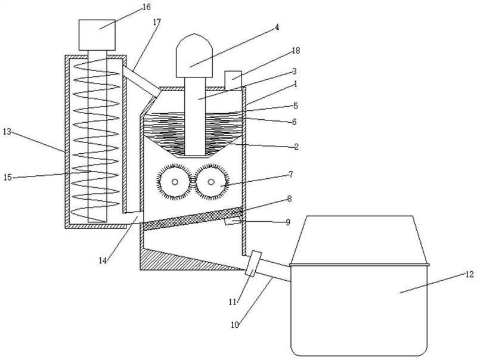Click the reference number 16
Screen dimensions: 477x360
tap(146, 7)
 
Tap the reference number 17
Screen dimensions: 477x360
tap(157, 22)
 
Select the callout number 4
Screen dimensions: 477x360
tap(277, 27)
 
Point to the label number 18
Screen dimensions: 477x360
tap(296, 51)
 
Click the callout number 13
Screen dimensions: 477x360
tap(7, 132)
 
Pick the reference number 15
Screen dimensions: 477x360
tap(8, 177)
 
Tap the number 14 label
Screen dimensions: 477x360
tap(103, 260)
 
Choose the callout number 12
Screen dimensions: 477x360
tap(469, 275)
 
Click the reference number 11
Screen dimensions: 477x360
tap(233, 302)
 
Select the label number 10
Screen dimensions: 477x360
tap(235, 325)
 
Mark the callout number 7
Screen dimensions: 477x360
tap(291, 174)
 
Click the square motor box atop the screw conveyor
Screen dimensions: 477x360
tap(97, 35)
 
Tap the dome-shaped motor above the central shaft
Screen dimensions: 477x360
tap(194, 55)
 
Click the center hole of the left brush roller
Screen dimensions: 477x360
tap(175, 182)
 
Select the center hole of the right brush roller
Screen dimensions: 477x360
tap(211, 182)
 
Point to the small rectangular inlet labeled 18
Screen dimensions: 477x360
tap(233, 80)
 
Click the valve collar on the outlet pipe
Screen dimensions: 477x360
tap(253, 263)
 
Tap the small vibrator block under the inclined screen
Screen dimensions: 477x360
tap(233, 221)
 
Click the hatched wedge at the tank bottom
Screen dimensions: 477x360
tap(182, 260)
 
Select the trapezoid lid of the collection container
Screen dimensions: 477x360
tap(360, 240)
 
